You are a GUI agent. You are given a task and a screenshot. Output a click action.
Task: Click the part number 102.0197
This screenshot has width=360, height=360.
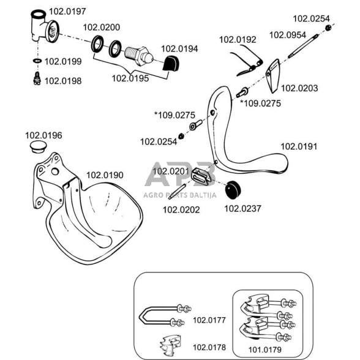pos(67,12)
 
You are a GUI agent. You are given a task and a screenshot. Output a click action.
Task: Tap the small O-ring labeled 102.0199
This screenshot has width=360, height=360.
pos(37,61)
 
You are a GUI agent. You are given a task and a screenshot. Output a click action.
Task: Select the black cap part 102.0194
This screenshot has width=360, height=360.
pos(171,64)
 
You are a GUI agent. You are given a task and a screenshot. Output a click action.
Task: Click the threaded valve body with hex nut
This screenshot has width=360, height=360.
pos(138,56)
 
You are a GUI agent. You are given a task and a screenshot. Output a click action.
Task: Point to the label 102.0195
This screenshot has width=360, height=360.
pos(130,78)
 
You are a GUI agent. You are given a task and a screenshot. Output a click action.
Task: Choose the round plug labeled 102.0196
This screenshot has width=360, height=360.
pos(39,147)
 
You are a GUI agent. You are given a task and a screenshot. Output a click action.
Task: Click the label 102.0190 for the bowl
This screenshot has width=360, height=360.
pos(105,175)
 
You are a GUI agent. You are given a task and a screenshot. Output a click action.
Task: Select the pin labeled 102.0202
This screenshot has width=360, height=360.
pos(176,192)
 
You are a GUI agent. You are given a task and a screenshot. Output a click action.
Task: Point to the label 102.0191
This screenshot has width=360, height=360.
pos(299,146)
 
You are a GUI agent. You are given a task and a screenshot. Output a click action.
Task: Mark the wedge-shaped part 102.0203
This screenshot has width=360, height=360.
pos(273,76)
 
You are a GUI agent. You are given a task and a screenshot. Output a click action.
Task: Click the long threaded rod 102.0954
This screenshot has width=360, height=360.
pos(303,46)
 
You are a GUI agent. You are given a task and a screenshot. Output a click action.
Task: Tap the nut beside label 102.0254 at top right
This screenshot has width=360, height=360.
pos(328,28)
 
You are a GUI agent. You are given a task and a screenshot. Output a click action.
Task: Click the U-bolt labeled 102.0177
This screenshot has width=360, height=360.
pos(165,315)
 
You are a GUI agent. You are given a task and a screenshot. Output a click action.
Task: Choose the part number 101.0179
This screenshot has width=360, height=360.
pos(264,350)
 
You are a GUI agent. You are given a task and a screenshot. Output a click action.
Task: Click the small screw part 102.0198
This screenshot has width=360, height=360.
pos(37,78)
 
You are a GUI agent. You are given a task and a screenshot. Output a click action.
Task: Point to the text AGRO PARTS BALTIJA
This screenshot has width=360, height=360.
pos(180,195)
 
